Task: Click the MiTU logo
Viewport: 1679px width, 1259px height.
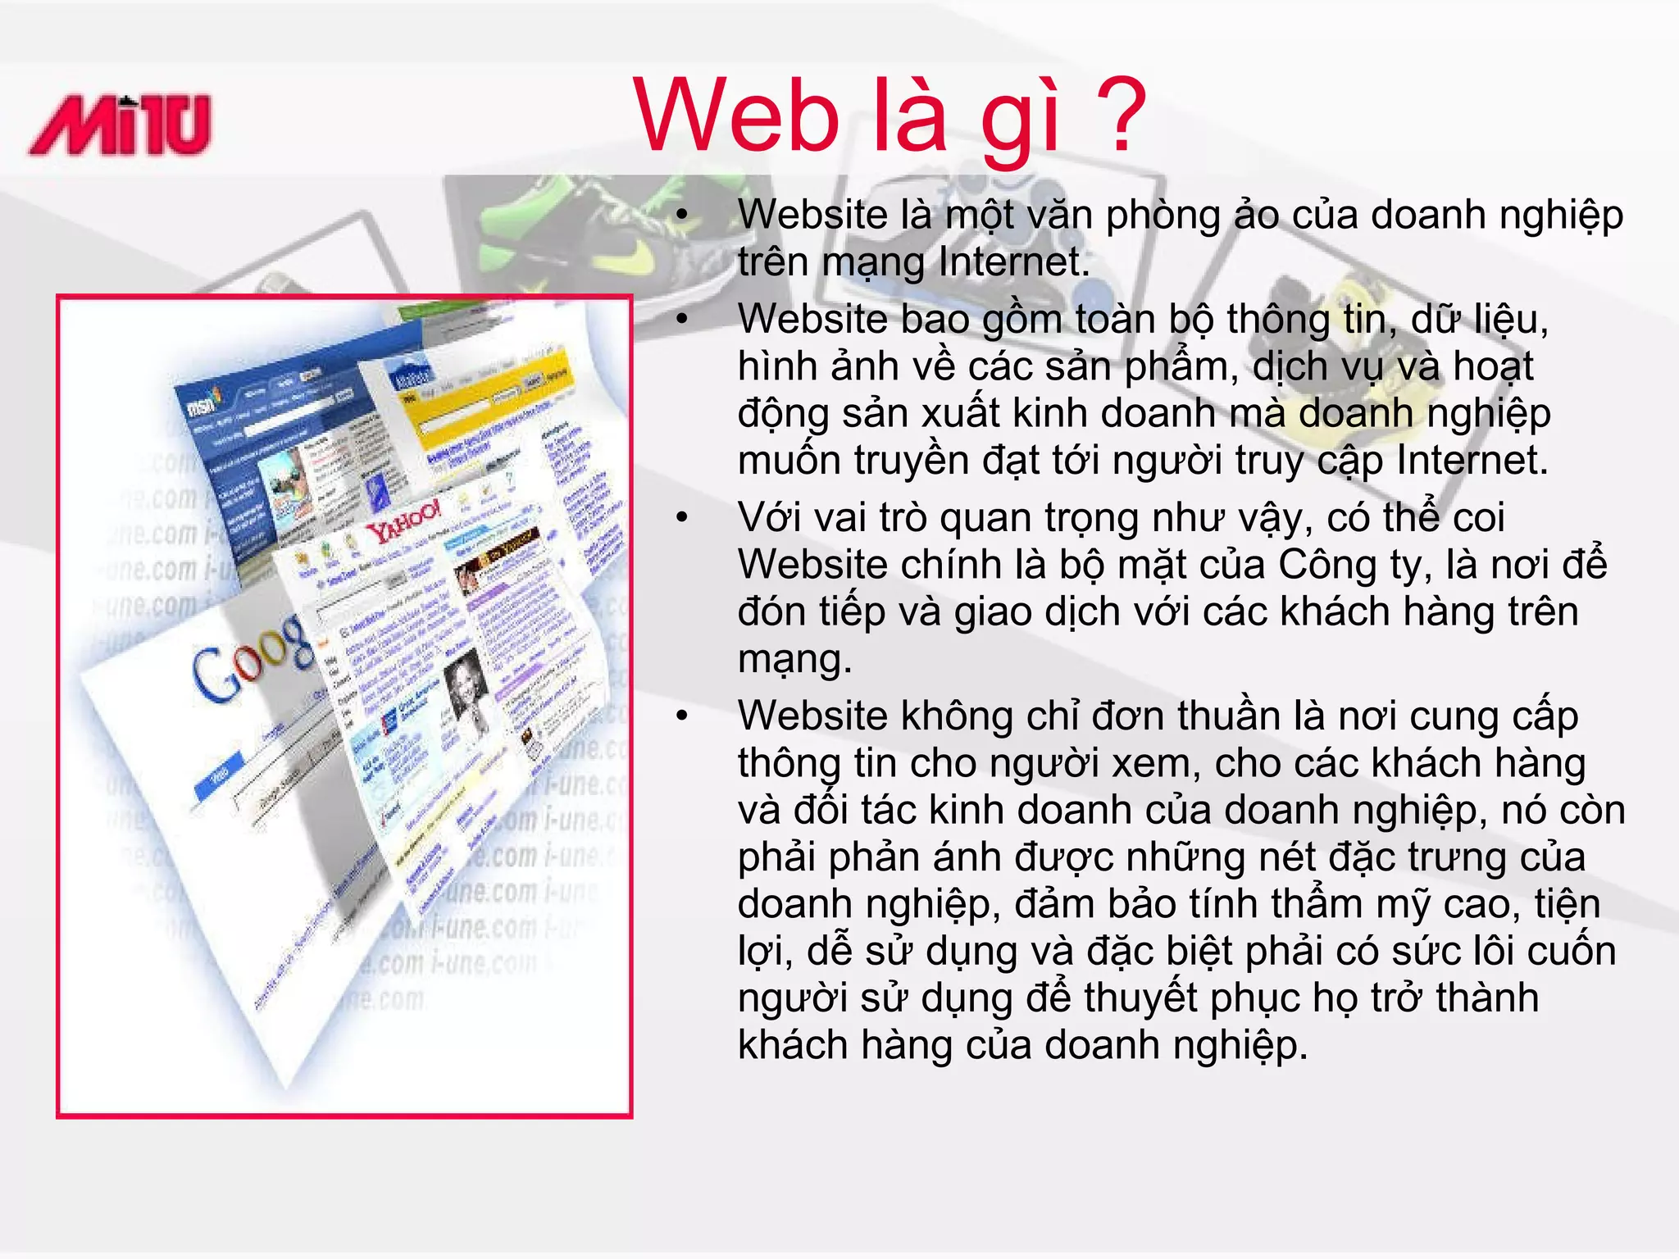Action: (x=121, y=125)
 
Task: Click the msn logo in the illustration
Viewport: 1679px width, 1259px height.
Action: (x=202, y=402)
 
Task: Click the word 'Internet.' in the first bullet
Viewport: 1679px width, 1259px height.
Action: (x=1014, y=262)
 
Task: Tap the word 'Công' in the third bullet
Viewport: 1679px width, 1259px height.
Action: (x=1327, y=566)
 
